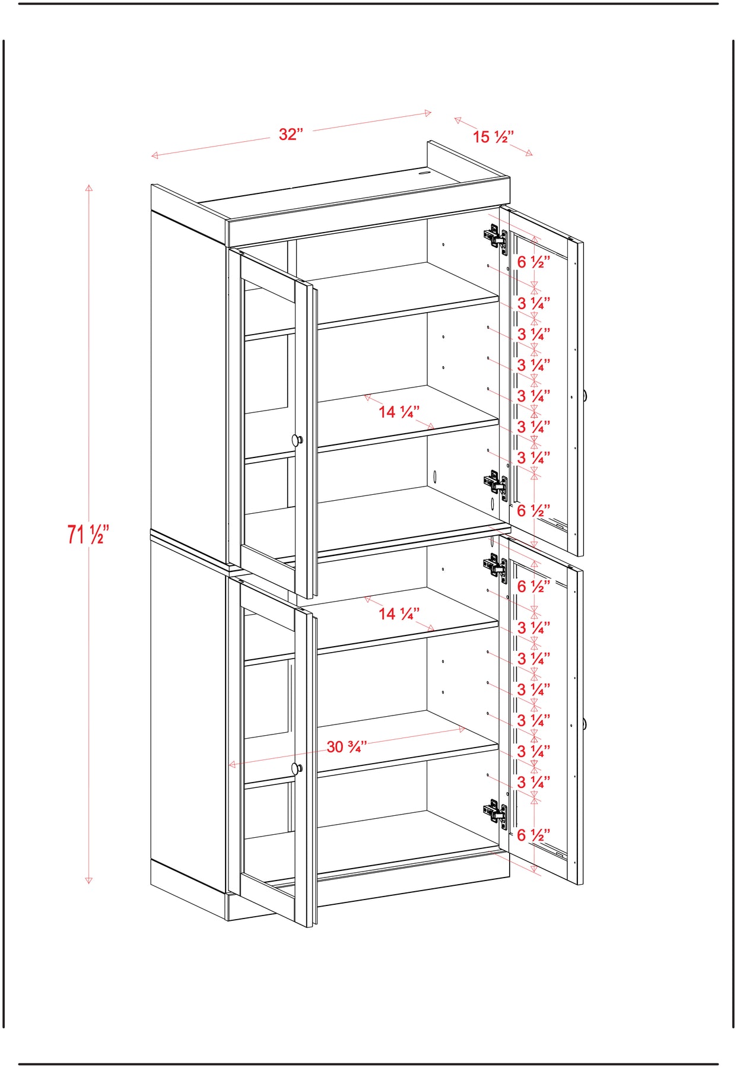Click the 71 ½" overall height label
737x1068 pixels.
[88, 534]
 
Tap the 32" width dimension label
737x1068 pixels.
[291, 134]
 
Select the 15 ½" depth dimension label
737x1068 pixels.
[493, 137]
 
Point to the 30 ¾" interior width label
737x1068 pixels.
[347, 746]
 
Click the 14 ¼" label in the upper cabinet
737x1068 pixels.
[399, 411]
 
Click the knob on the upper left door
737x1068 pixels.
[297, 440]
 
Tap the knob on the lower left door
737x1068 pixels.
[297, 769]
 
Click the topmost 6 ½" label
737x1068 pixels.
[533, 262]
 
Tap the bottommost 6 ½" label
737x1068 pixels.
[533, 835]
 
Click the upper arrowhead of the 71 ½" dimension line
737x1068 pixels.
[88, 189]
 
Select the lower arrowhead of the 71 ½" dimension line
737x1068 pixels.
[88, 879]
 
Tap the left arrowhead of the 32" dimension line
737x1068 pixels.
[155, 155]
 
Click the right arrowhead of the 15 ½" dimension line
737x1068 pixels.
[529, 154]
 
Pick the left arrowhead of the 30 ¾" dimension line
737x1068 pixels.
[233, 765]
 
